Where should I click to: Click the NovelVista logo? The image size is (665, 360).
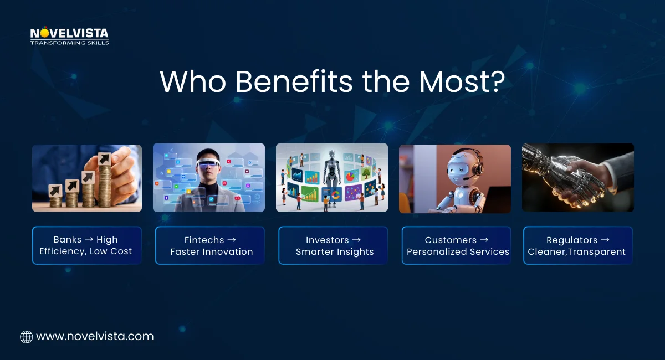pyautogui.click(x=69, y=35)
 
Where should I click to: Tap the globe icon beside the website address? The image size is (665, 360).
pyautogui.click(x=26, y=337)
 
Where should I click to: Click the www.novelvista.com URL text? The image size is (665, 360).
pyautogui.click(x=95, y=336)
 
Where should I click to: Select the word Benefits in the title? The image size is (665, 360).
pyautogui.click(x=294, y=82)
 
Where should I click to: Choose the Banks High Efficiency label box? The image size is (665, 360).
pyautogui.click(x=86, y=245)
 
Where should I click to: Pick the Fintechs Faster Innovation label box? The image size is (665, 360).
pyautogui.click(x=210, y=245)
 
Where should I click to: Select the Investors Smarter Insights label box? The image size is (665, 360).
pyautogui.click(x=333, y=245)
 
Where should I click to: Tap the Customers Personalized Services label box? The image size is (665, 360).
pyautogui.click(x=456, y=245)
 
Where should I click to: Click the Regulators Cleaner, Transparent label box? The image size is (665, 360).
pyautogui.click(x=577, y=245)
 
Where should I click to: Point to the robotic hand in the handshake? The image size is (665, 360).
pyautogui.click(x=554, y=177)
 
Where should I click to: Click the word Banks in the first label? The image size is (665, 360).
pyautogui.click(x=67, y=240)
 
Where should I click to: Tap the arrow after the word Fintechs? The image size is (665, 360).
pyautogui.click(x=232, y=240)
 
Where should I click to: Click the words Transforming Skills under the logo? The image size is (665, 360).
pyautogui.click(x=69, y=43)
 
